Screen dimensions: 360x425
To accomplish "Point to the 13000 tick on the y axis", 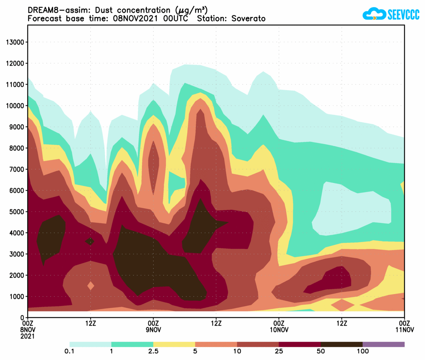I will point(15,42).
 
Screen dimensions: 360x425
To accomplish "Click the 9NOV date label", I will point(153,330).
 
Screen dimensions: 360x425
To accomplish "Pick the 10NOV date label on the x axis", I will point(279,330).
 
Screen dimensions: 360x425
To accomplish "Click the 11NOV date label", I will point(404,330).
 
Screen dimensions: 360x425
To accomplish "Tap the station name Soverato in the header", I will point(248,19).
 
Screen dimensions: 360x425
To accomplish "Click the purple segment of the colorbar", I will point(383,344).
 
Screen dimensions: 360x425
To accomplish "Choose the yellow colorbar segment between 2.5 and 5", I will point(174,344).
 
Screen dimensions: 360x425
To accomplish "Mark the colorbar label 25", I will point(279,351).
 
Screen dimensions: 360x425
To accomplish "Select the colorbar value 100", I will point(362,351).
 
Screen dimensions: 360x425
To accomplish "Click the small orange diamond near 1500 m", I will point(91,286).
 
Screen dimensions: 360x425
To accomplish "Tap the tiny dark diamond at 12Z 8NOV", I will point(90,241).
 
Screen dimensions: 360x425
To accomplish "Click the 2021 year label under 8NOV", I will point(28,336).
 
